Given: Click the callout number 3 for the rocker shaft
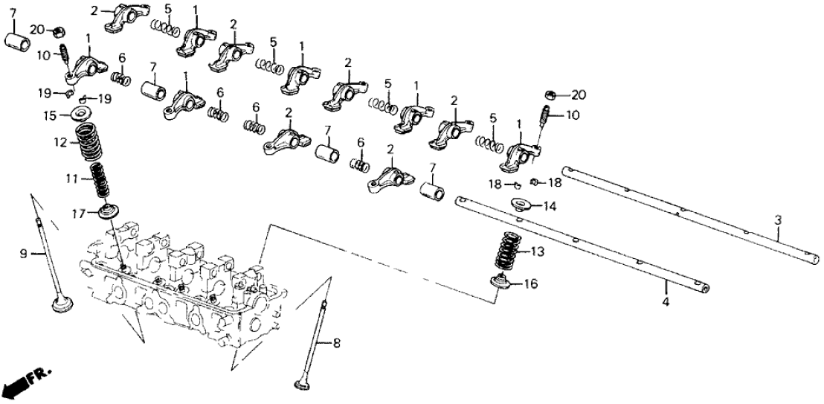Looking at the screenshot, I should (x=778, y=220).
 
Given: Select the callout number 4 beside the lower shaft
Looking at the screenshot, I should (x=666, y=302).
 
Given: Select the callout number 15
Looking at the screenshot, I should (x=49, y=115).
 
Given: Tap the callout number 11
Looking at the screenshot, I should (x=69, y=179).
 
